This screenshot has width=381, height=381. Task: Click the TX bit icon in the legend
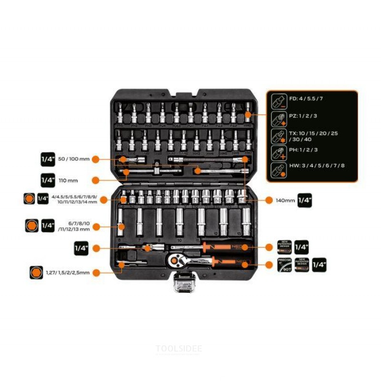(x=276, y=136)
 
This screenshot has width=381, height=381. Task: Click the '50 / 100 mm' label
(x=73, y=159)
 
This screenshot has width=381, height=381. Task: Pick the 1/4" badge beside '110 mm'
(x=48, y=180)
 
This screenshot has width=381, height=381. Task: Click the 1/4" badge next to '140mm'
(x=305, y=200)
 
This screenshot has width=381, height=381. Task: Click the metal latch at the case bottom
(x=183, y=284)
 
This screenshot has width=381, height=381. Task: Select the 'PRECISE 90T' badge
(x=285, y=265)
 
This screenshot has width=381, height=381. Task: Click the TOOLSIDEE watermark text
(x=179, y=349)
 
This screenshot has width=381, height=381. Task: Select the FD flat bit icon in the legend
(x=276, y=101)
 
